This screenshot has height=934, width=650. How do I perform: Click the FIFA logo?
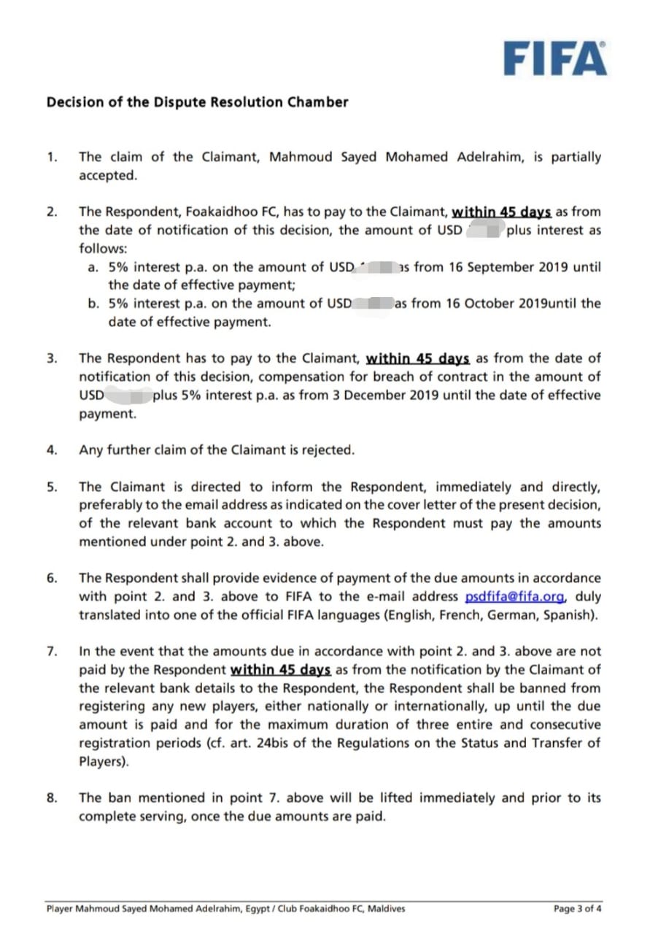coord(554,58)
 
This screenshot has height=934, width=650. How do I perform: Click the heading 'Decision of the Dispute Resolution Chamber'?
coord(197,102)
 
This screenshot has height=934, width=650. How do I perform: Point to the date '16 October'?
coord(484,303)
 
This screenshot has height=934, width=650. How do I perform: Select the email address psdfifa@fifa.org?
coord(515,596)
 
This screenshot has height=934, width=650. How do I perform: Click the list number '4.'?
coord(52,449)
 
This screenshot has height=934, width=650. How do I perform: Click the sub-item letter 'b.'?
coord(93,303)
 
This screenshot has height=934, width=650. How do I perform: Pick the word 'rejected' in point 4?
coord(329,449)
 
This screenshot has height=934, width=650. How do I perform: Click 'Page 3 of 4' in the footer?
coord(578,908)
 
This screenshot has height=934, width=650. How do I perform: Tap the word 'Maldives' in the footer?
coord(385,908)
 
